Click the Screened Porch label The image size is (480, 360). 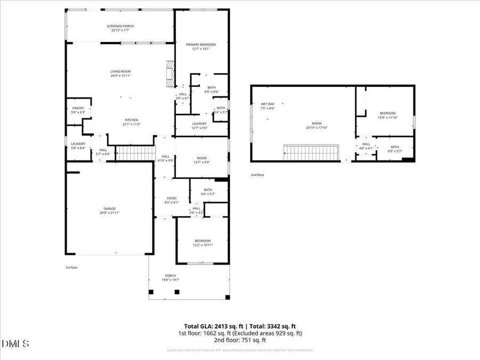(x=120, y=26)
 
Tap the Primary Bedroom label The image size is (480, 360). (x=201, y=45)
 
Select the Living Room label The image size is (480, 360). (x=121, y=71)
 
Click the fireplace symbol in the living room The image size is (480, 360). (x=170, y=73)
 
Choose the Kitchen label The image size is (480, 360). (x=132, y=120)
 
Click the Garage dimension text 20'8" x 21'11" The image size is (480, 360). (x=109, y=213)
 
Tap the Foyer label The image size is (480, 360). (x=172, y=198)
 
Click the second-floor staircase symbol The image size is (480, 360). (x=312, y=153)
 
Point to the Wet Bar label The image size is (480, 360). (x=267, y=104)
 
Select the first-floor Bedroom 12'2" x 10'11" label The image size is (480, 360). (x=202, y=241)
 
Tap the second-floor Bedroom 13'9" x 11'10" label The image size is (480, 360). (x=388, y=113)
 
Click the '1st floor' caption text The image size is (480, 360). (x=71, y=267)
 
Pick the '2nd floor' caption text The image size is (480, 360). (x=257, y=175)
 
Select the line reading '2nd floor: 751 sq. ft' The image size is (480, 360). (x=240, y=340)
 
